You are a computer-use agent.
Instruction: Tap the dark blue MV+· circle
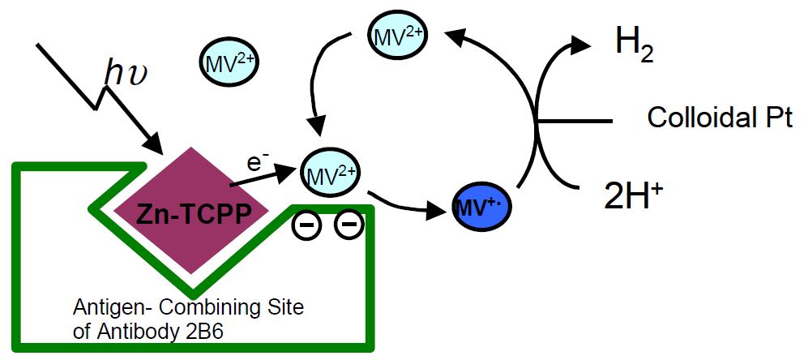pos(481,208)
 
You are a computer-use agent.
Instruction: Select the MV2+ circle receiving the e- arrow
pos(330,173)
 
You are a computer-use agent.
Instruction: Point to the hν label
pos(124,75)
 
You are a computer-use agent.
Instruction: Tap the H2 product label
pos(634,45)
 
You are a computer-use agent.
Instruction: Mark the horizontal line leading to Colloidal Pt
pos(575,122)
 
